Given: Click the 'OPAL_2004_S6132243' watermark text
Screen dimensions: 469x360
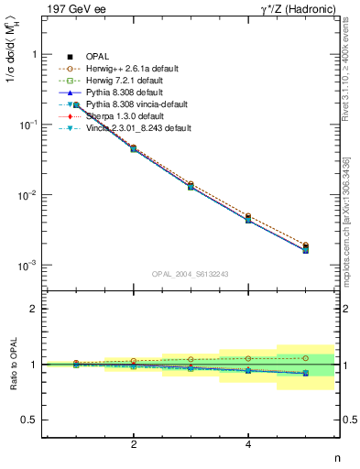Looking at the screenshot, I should (x=189, y=274).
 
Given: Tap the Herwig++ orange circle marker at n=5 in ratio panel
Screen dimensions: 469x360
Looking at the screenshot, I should (x=306, y=358).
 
